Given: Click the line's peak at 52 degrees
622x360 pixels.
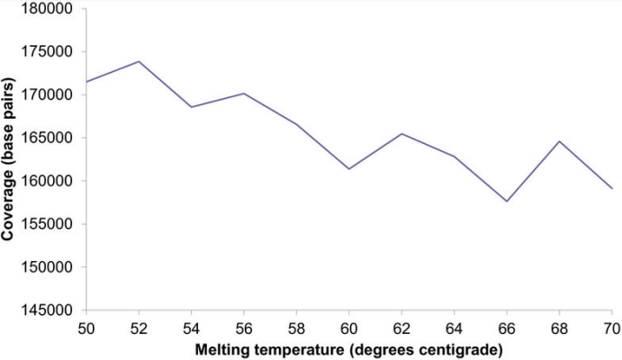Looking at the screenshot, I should [138, 61].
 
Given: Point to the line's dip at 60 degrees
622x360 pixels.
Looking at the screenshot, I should [348, 169].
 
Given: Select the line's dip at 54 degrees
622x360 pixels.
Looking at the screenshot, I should [190, 107].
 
